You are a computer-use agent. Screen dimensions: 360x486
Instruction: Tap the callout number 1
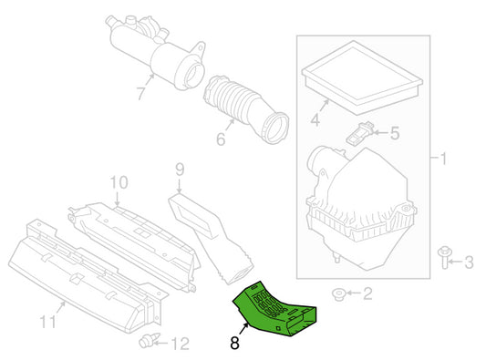tap(444, 160)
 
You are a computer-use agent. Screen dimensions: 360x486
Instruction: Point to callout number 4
tap(314, 118)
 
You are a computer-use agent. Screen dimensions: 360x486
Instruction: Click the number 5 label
tap(394, 134)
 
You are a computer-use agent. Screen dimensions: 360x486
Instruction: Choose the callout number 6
tap(220, 140)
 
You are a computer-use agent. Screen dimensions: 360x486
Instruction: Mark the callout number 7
tap(140, 92)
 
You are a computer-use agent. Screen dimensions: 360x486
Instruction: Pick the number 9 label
tap(180, 169)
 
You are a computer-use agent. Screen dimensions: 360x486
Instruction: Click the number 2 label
tap(367, 293)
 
